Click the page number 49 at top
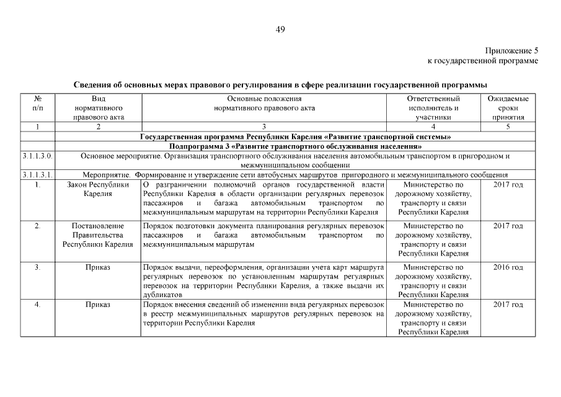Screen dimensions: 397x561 280,29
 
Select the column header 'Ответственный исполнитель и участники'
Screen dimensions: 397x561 433,107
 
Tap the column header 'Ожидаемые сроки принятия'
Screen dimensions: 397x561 508,107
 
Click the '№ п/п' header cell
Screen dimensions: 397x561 37,103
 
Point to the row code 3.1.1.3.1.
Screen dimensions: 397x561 37,175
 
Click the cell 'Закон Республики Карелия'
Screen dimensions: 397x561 98,189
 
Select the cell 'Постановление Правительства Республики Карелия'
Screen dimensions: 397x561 98,235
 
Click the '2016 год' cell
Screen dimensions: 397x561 508,267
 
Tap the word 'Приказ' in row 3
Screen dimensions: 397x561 98,267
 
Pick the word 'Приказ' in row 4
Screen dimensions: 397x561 98,305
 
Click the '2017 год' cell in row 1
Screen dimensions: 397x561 508,185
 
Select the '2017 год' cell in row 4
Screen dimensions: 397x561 508,305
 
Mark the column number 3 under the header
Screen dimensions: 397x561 264,127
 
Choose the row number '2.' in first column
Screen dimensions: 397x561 37,226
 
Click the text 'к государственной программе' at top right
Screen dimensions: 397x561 483,61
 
